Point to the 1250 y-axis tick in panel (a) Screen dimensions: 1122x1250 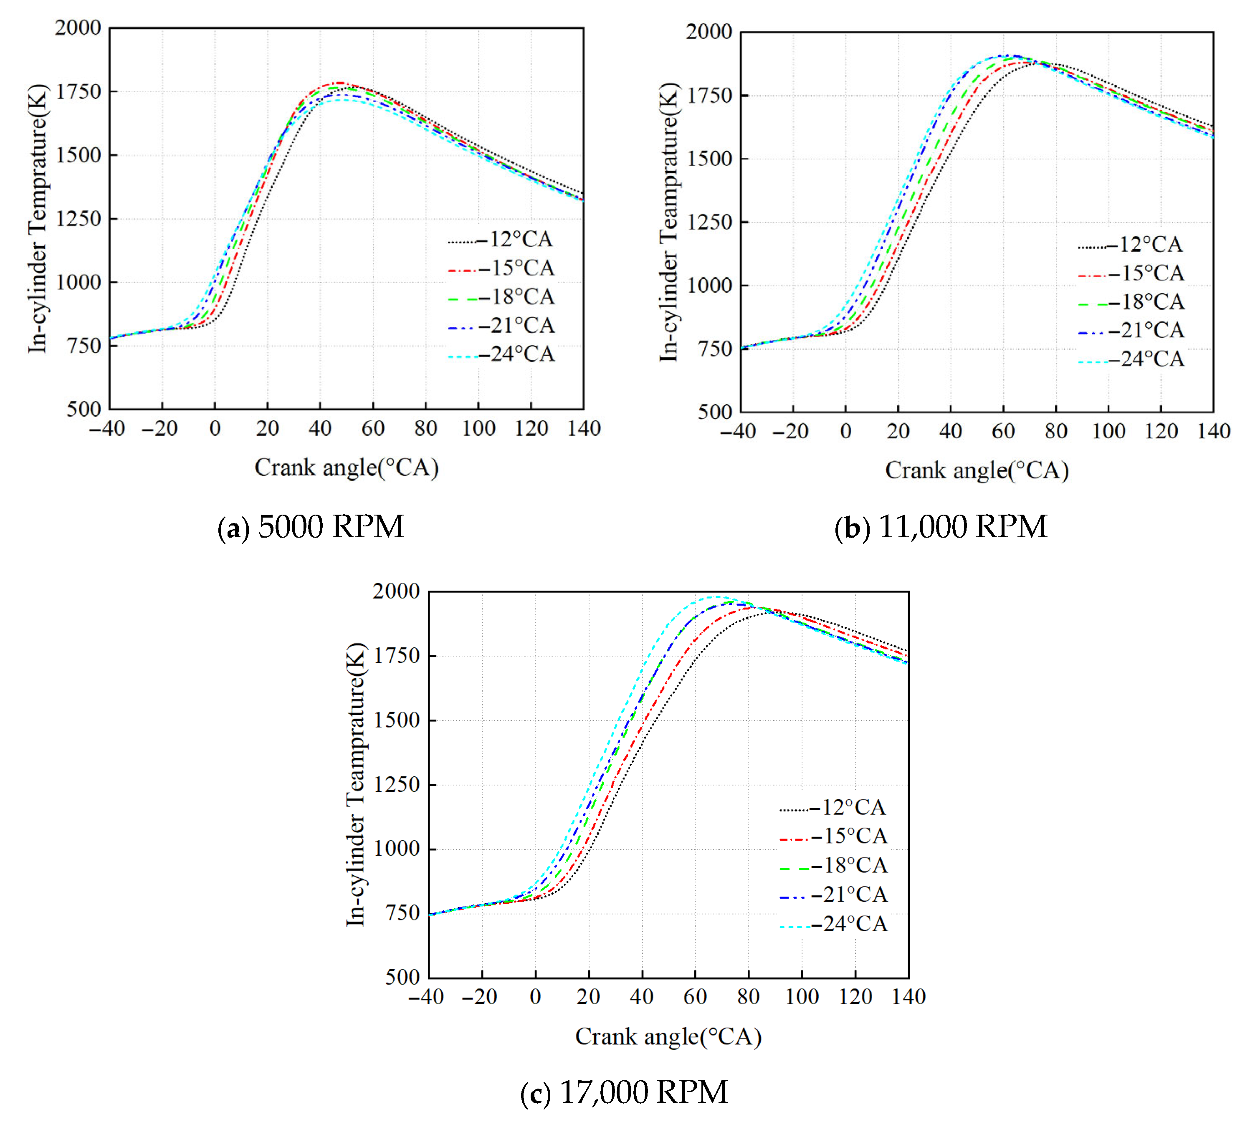pos(78,219)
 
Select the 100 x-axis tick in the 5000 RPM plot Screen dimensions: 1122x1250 pos(478,428)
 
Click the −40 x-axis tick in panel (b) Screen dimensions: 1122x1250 pos(738,432)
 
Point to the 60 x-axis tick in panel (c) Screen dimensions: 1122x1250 pos(695,997)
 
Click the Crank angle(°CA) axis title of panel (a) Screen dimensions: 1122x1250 pos(347,467)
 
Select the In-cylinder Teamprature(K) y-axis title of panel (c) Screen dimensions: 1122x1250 pos(356,784)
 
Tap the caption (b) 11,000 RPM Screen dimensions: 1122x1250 pos(941,527)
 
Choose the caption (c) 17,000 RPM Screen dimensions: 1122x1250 pos(624,1092)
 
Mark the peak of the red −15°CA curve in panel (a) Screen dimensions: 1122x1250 pos(339,83)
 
